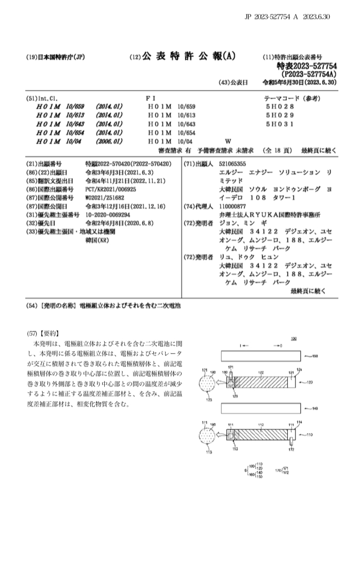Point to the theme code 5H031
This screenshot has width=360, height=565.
coord(279,124)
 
